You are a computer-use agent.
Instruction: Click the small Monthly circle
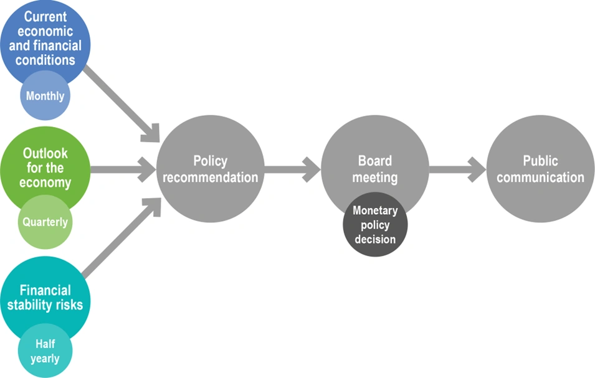(45, 96)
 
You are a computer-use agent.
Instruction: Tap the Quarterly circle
(45, 222)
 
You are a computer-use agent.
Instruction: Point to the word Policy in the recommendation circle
(210, 161)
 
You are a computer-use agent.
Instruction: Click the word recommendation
(210, 177)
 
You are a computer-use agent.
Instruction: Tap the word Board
(374, 161)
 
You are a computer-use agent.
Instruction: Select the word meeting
(374, 177)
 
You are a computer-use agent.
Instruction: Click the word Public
(540, 161)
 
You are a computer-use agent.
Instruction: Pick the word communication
(540, 177)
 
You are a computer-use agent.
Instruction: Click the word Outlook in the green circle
(45, 153)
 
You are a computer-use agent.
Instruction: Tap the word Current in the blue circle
(45, 17)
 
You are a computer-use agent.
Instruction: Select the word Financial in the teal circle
(45, 290)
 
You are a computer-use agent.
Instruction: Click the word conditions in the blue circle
(45, 60)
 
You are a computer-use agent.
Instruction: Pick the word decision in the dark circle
(375, 239)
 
